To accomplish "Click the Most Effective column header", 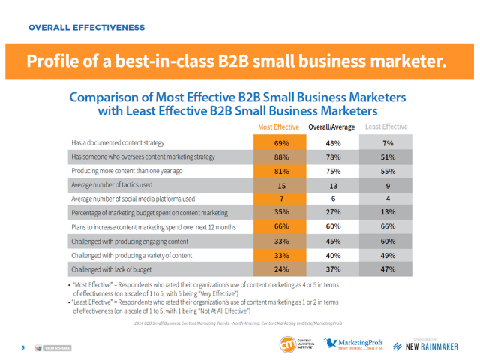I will click(278, 127).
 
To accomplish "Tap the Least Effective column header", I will click(386, 127).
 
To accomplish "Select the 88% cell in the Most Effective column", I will click(282, 157).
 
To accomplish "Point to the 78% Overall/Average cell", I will click(334, 157).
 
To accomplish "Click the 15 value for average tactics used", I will click(282, 186).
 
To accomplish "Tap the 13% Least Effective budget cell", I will click(388, 213).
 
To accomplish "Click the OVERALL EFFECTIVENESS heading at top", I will click(86, 28).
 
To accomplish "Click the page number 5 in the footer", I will click(22, 347).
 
